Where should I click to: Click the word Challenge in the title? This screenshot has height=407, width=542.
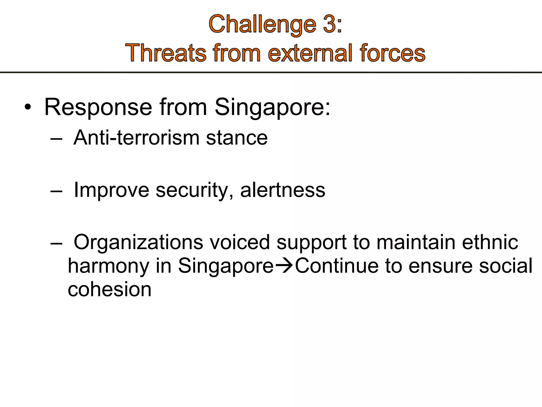[x=262, y=25]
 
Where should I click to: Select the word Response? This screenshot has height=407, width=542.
[x=98, y=107]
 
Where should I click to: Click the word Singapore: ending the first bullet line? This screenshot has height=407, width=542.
[x=272, y=107]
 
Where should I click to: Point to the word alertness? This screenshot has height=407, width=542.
[x=283, y=190]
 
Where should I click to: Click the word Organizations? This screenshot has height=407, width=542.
[x=138, y=242]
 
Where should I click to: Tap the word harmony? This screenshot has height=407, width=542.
[x=109, y=266]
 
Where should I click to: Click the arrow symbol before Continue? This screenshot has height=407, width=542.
[x=284, y=266]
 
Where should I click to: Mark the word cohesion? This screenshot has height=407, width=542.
[x=110, y=289]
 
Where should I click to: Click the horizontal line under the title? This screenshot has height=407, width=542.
[x=271, y=72]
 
